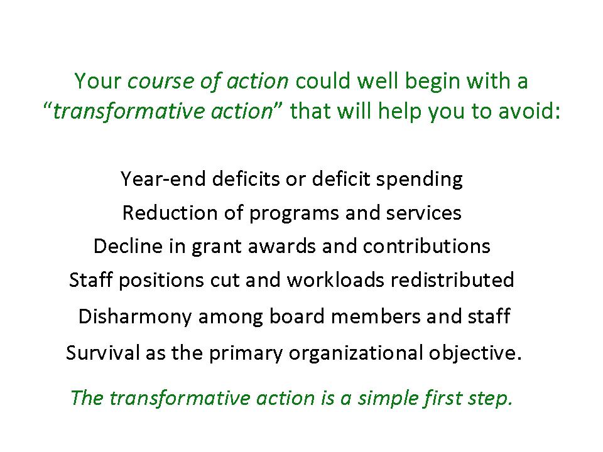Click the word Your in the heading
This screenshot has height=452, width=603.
(98, 81)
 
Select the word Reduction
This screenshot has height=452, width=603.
(170, 213)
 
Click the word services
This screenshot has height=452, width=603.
(423, 213)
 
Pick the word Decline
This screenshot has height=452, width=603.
(128, 246)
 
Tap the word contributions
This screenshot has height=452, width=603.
(426, 246)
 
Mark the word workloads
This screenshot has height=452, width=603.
(335, 279)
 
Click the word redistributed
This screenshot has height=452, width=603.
(452, 279)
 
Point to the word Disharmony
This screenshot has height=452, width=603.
(134, 317)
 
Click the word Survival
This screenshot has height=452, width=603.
(102, 352)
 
